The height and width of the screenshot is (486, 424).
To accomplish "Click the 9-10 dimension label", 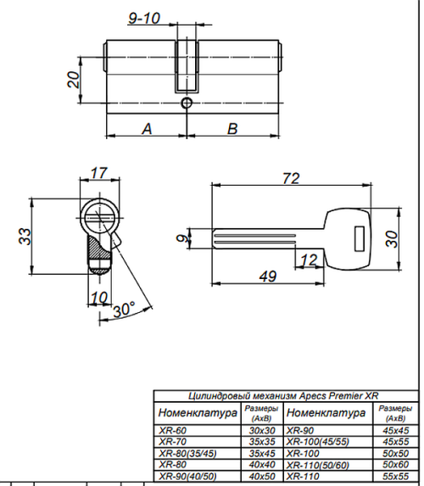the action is click(x=144, y=18).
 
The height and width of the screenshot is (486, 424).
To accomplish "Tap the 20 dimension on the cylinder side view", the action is click(x=74, y=80).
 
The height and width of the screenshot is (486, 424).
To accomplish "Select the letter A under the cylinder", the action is click(x=147, y=129).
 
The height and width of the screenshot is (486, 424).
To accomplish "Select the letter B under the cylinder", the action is click(x=232, y=129).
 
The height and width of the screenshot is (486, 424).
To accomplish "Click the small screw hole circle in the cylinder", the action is click(x=187, y=103).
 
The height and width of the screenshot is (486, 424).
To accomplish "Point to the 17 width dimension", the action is click(x=99, y=173).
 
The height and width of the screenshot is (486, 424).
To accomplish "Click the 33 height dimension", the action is click(x=25, y=236).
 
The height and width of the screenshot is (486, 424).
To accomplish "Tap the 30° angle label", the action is click(x=123, y=310).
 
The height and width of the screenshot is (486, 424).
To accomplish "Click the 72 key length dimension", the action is click(x=291, y=178).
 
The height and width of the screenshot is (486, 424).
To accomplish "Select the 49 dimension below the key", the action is click(x=268, y=277).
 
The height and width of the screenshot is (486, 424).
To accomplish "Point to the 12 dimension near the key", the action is click(x=310, y=260).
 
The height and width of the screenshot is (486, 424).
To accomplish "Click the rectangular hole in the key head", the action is click(x=360, y=238).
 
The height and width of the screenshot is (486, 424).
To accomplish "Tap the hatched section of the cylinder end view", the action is click(x=98, y=248).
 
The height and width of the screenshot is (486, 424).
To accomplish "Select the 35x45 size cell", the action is click(x=262, y=454).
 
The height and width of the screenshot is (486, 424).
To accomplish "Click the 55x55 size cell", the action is click(x=395, y=476).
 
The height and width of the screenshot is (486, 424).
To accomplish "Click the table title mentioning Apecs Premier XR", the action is click(x=283, y=396).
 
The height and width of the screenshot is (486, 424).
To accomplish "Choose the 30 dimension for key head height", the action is click(x=392, y=239).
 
